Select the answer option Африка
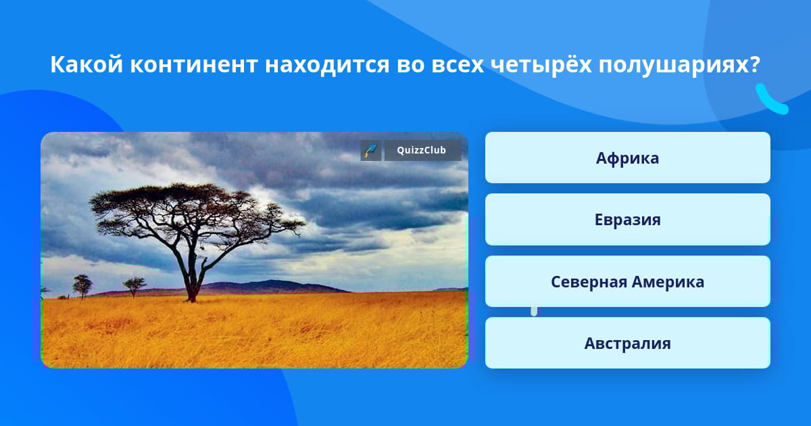(627, 158)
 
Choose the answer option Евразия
(627, 220)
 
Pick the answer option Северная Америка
(627, 281)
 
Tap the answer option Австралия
(627, 343)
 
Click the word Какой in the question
(87, 64)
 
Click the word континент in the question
(194, 65)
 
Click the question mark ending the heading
(754, 64)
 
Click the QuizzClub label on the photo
(422, 150)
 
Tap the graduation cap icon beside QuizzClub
(371, 150)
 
